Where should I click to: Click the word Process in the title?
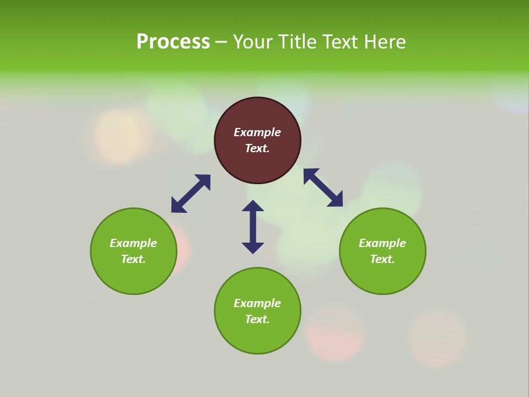click(173, 42)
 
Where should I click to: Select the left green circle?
click(133, 276)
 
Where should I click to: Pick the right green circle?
click(382, 276)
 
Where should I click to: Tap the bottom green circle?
click(257, 336)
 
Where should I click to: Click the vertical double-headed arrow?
click(253, 227)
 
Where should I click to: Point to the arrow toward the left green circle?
click(191, 194)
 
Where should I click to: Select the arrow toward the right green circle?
click(323, 187)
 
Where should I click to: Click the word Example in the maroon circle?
click(257, 132)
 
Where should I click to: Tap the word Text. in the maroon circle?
click(257, 148)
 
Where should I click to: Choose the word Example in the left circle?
click(133, 243)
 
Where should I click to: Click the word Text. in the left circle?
click(133, 259)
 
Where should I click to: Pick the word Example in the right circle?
click(382, 243)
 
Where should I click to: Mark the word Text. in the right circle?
click(382, 259)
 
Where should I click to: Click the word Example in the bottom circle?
click(257, 303)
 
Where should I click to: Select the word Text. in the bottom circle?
click(257, 319)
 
